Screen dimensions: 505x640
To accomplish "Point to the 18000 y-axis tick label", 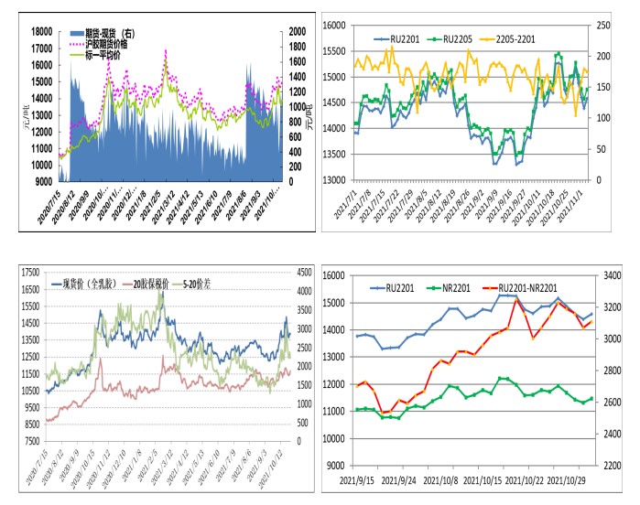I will point(41,31).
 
